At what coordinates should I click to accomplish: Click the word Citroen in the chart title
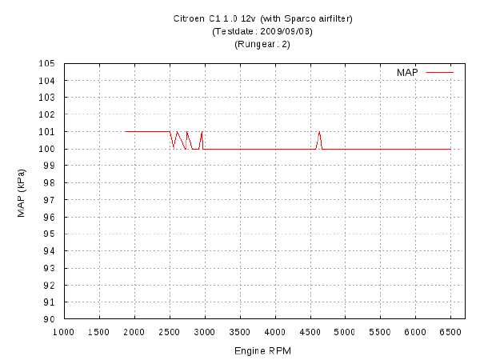pyautogui.click(x=189, y=18)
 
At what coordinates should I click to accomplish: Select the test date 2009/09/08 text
pyautogui.click(x=286, y=31)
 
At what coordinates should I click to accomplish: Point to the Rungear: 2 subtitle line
pyautogui.click(x=262, y=44)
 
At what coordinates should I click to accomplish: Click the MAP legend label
pyautogui.click(x=407, y=73)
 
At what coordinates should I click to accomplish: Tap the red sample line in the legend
pyautogui.click(x=439, y=73)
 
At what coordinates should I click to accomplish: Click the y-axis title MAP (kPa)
pyautogui.click(x=22, y=193)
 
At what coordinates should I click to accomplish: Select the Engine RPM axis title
pyautogui.click(x=262, y=351)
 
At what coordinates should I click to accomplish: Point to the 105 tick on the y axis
pyautogui.click(x=46, y=64)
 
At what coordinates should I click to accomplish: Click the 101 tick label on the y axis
pyautogui.click(x=46, y=132)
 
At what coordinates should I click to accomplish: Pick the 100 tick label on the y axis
pyautogui.click(x=46, y=149)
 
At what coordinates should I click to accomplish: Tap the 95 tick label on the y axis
pyautogui.click(x=49, y=234)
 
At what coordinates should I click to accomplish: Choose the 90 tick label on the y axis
pyautogui.click(x=49, y=319)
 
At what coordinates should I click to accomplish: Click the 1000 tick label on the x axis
pyautogui.click(x=64, y=332)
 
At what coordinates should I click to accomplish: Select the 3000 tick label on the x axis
pyautogui.click(x=204, y=332)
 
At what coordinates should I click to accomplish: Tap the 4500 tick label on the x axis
pyautogui.click(x=310, y=332)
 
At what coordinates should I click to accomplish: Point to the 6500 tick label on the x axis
pyautogui.click(x=450, y=332)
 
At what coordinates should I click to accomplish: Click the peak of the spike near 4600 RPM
pyautogui.click(x=319, y=132)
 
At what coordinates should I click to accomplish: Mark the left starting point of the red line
pyautogui.click(x=126, y=132)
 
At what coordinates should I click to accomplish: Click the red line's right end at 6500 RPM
pyautogui.click(x=450, y=149)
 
